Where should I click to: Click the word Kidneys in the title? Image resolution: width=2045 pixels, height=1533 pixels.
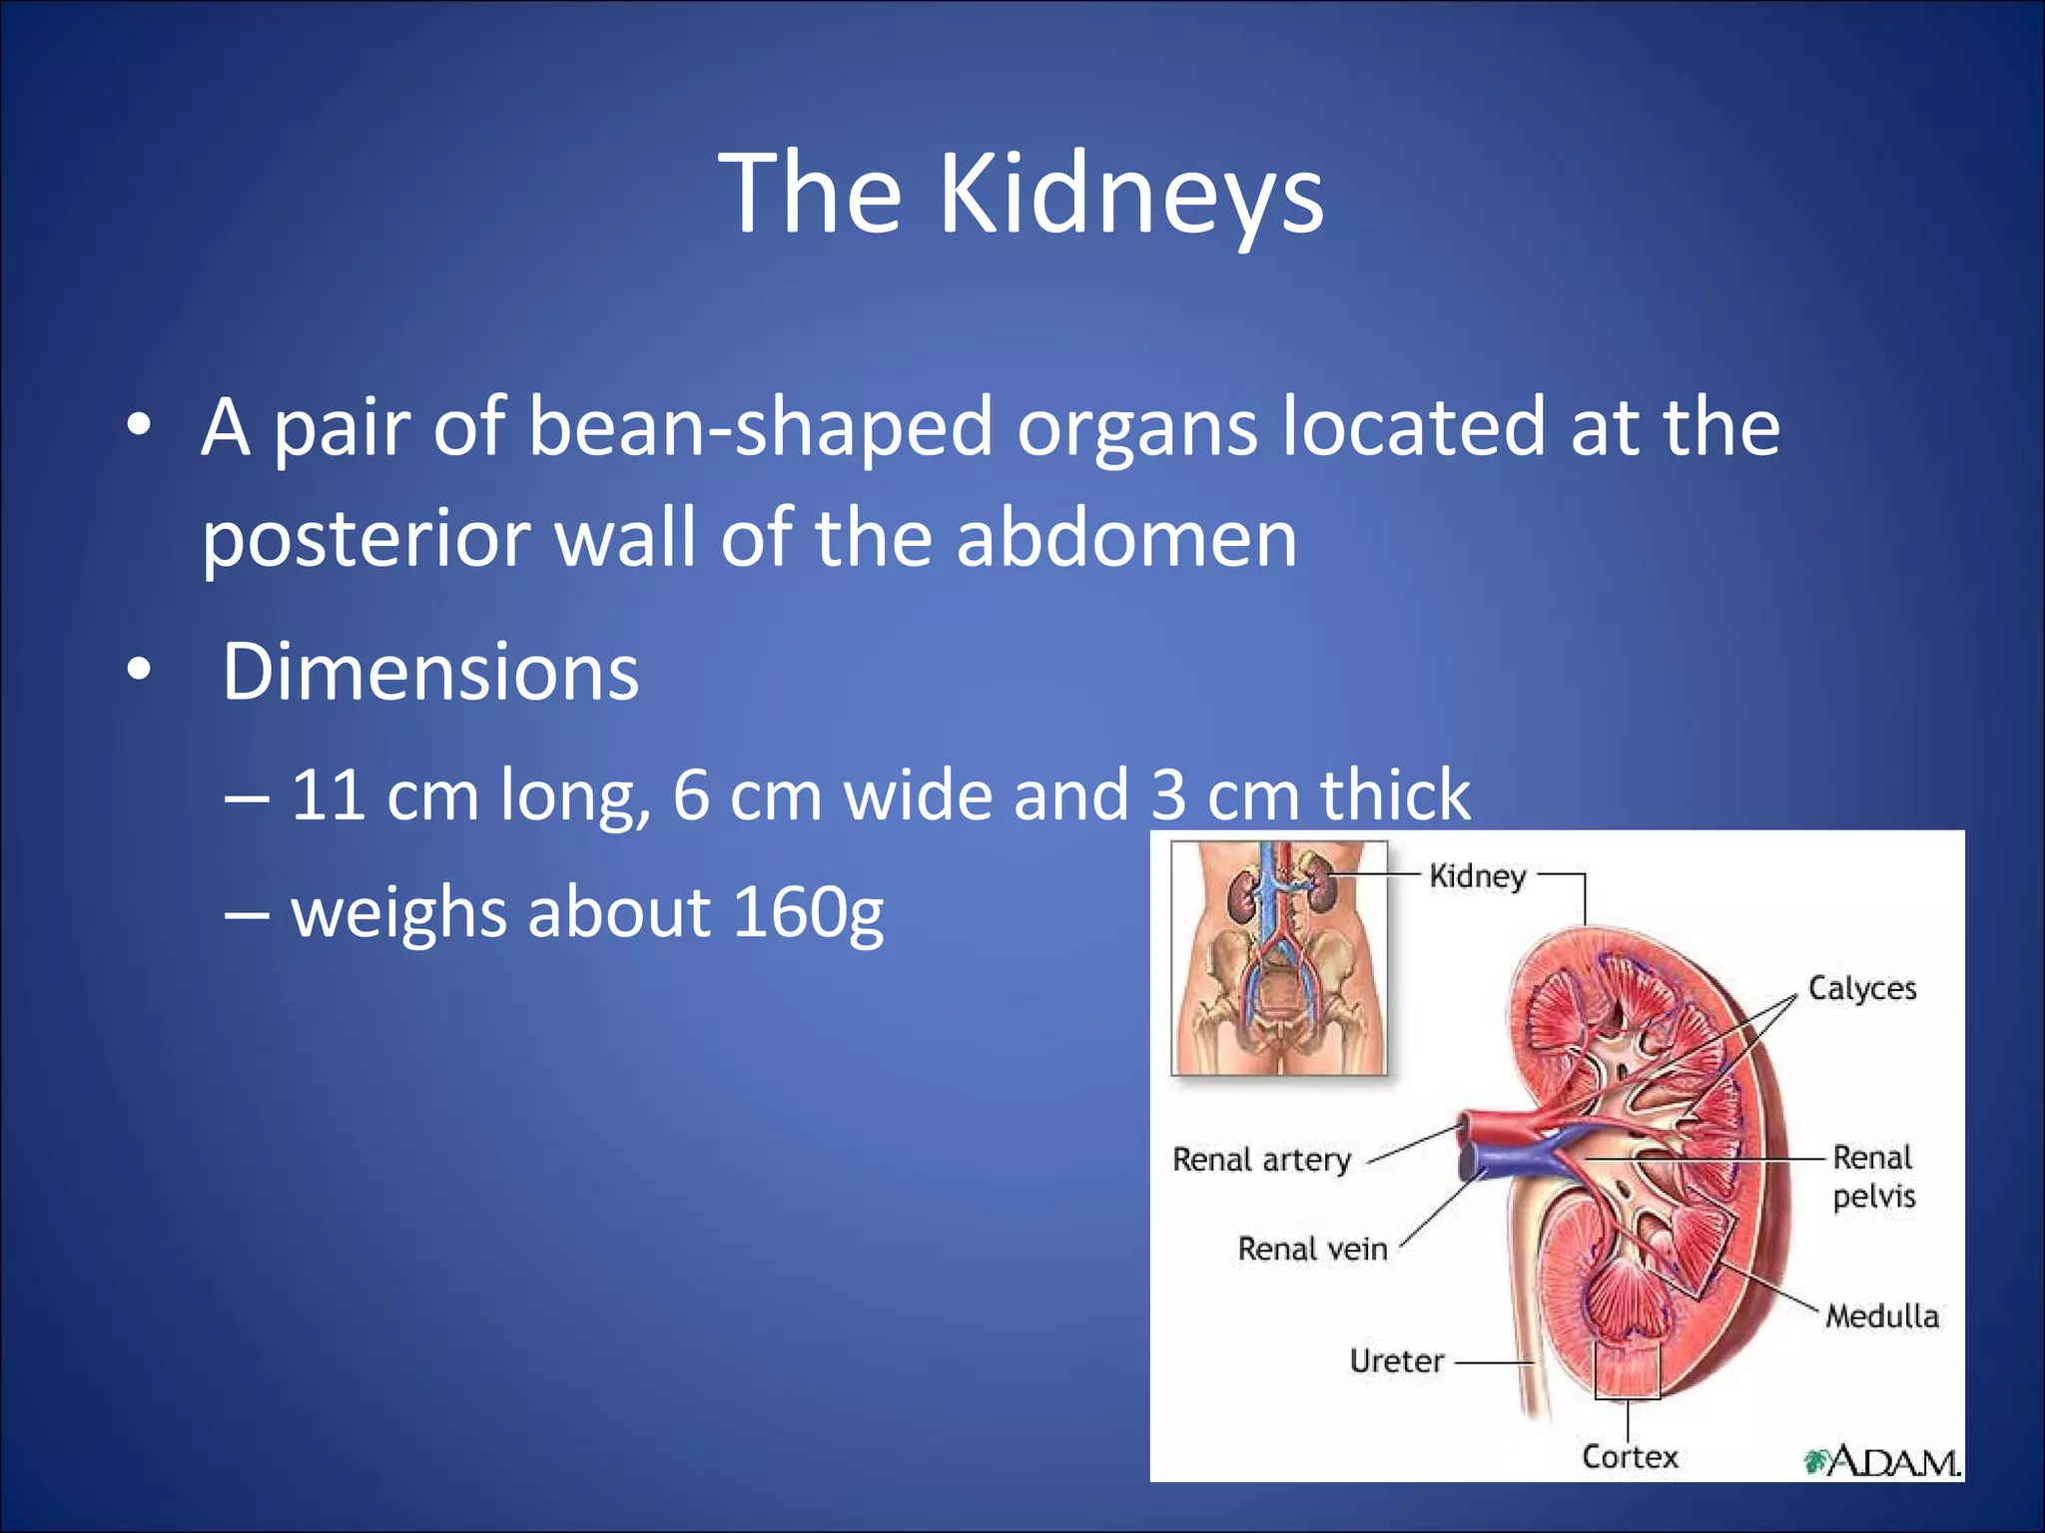(x=1130, y=195)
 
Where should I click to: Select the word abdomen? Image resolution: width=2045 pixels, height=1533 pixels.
(x=1126, y=539)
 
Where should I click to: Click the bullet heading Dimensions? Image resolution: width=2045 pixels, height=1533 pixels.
(x=430, y=673)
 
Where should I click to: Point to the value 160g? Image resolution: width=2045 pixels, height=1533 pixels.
(x=808, y=912)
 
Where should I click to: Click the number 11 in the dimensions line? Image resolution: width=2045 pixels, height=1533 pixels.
(x=328, y=795)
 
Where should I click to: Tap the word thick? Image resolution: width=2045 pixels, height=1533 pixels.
(x=1395, y=795)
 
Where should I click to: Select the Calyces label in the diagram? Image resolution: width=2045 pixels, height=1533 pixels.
(x=1861, y=988)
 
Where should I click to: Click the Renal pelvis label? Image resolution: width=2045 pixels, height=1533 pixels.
(x=1873, y=1177)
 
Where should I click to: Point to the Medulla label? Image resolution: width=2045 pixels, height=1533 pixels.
(x=1881, y=1316)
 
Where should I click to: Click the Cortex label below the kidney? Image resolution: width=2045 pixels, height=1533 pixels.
(x=1630, y=1457)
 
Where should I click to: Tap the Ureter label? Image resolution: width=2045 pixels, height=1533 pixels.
(x=1396, y=1361)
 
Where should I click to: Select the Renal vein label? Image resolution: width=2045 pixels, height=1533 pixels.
(x=1312, y=1249)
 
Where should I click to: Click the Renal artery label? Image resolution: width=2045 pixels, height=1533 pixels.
(x=1261, y=1160)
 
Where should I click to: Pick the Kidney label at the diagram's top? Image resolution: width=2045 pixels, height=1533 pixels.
(x=1477, y=876)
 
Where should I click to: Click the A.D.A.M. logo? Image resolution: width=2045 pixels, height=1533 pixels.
(x=1881, y=1462)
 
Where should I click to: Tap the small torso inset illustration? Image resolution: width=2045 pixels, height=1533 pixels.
(x=1279, y=958)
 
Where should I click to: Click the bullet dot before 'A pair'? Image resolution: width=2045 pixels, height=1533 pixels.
(x=139, y=426)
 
